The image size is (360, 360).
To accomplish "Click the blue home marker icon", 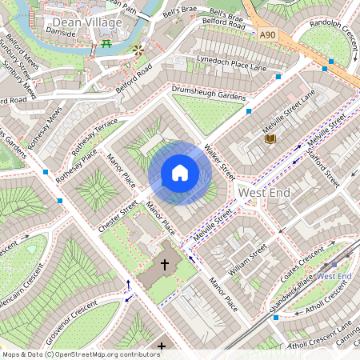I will click(x=180, y=173).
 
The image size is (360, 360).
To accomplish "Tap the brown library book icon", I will click(x=270, y=139).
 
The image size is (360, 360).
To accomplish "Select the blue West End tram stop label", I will click(x=334, y=276).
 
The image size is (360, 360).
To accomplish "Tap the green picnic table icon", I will click(x=106, y=43).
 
